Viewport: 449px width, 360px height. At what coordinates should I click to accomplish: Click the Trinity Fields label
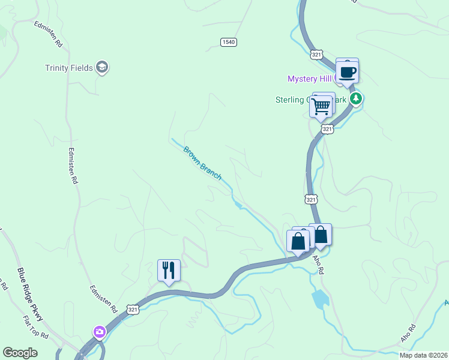pos(69,68)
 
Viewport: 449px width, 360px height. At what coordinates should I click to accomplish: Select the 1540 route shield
pos(228,42)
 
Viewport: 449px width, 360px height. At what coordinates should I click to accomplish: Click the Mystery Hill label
pos(310,79)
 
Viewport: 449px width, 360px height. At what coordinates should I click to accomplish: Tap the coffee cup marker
pos(347,72)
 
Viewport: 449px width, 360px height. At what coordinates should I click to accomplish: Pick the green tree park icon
pos(357,98)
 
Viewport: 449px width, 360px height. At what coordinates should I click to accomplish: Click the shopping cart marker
pos(321,106)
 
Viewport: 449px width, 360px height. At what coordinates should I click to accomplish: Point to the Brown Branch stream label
pos(202,163)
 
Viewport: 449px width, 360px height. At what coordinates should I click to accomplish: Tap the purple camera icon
pos(99,331)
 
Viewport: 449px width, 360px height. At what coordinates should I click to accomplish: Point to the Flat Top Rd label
pos(35,328)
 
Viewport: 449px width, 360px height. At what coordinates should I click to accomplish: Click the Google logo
pos(20,353)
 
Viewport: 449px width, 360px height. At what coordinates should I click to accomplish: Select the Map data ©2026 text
pos(423,355)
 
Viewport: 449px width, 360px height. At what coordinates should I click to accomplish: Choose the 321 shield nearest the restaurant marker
pos(133,309)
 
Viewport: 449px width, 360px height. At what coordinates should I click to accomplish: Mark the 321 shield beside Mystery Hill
pos(317,55)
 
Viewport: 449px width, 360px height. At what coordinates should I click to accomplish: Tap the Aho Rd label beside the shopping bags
pos(318,263)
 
